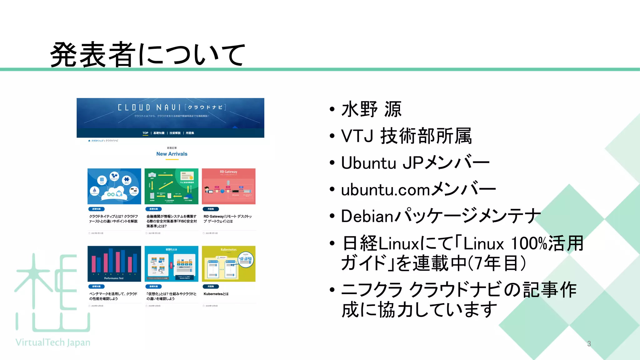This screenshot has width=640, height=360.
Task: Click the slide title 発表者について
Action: point(147,55)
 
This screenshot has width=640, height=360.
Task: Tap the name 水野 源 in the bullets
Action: point(371,109)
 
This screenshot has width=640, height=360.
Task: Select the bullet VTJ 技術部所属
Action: point(406,136)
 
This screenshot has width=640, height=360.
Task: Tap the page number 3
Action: point(589,344)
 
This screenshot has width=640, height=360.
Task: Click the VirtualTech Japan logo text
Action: point(53,342)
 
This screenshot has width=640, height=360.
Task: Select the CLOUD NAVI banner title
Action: point(171,107)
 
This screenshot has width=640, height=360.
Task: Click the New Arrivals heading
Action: point(172,154)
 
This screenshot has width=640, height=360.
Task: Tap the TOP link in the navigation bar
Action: point(145,133)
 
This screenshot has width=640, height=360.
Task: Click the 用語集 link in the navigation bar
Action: point(190,133)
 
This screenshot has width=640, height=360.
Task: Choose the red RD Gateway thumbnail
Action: point(228,187)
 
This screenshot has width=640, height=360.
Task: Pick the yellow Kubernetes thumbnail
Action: point(228,264)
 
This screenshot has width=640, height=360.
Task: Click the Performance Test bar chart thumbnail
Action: point(114,264)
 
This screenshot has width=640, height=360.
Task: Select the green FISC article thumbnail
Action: point(171,187)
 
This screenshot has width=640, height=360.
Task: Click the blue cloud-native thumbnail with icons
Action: point(114,187)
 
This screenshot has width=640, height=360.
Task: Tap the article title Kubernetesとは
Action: point(216,294)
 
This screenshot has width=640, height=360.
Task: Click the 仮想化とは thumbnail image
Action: point(171,264)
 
